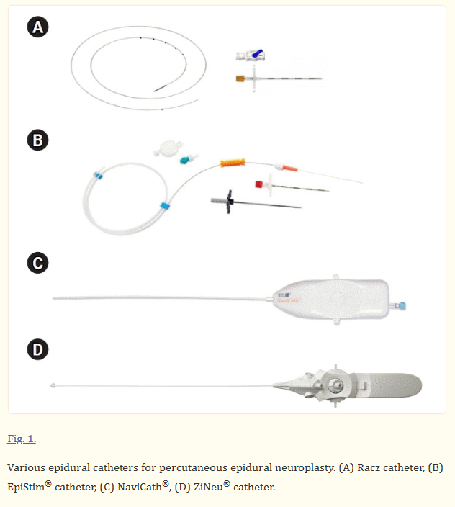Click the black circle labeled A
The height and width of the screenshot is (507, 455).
37,28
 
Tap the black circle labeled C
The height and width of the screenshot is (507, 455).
37,263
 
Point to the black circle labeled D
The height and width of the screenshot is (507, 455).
37,351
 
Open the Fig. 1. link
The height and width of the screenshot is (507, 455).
22,439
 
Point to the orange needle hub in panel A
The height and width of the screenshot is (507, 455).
241,77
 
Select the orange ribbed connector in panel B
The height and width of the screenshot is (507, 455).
234,163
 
